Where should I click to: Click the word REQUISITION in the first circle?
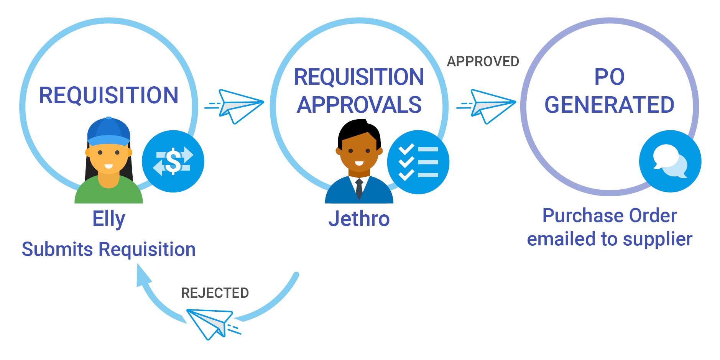click(x=108, y=95)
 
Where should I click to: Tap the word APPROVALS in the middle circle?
click(x=359, y=105)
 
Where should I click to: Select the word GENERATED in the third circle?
click(x=609, y=105)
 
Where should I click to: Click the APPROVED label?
click(x=483, y=61)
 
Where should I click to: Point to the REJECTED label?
click(x=215, y=293)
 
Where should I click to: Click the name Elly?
click(x=108, y=219)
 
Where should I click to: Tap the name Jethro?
click(x=359, y=219)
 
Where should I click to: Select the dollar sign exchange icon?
click(x=173, y=161)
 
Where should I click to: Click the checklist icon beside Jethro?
click(x=418, y=162)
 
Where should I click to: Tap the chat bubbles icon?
click(x=670, y=161)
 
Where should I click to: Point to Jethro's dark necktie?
click(x=359, y=189)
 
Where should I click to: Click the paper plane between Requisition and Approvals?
click(x=238, y=105)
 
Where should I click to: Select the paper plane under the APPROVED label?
click(x=490, y=105)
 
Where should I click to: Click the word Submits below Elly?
click(x=57, y=249)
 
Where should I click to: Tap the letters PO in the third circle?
click(x=609, y=77)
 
